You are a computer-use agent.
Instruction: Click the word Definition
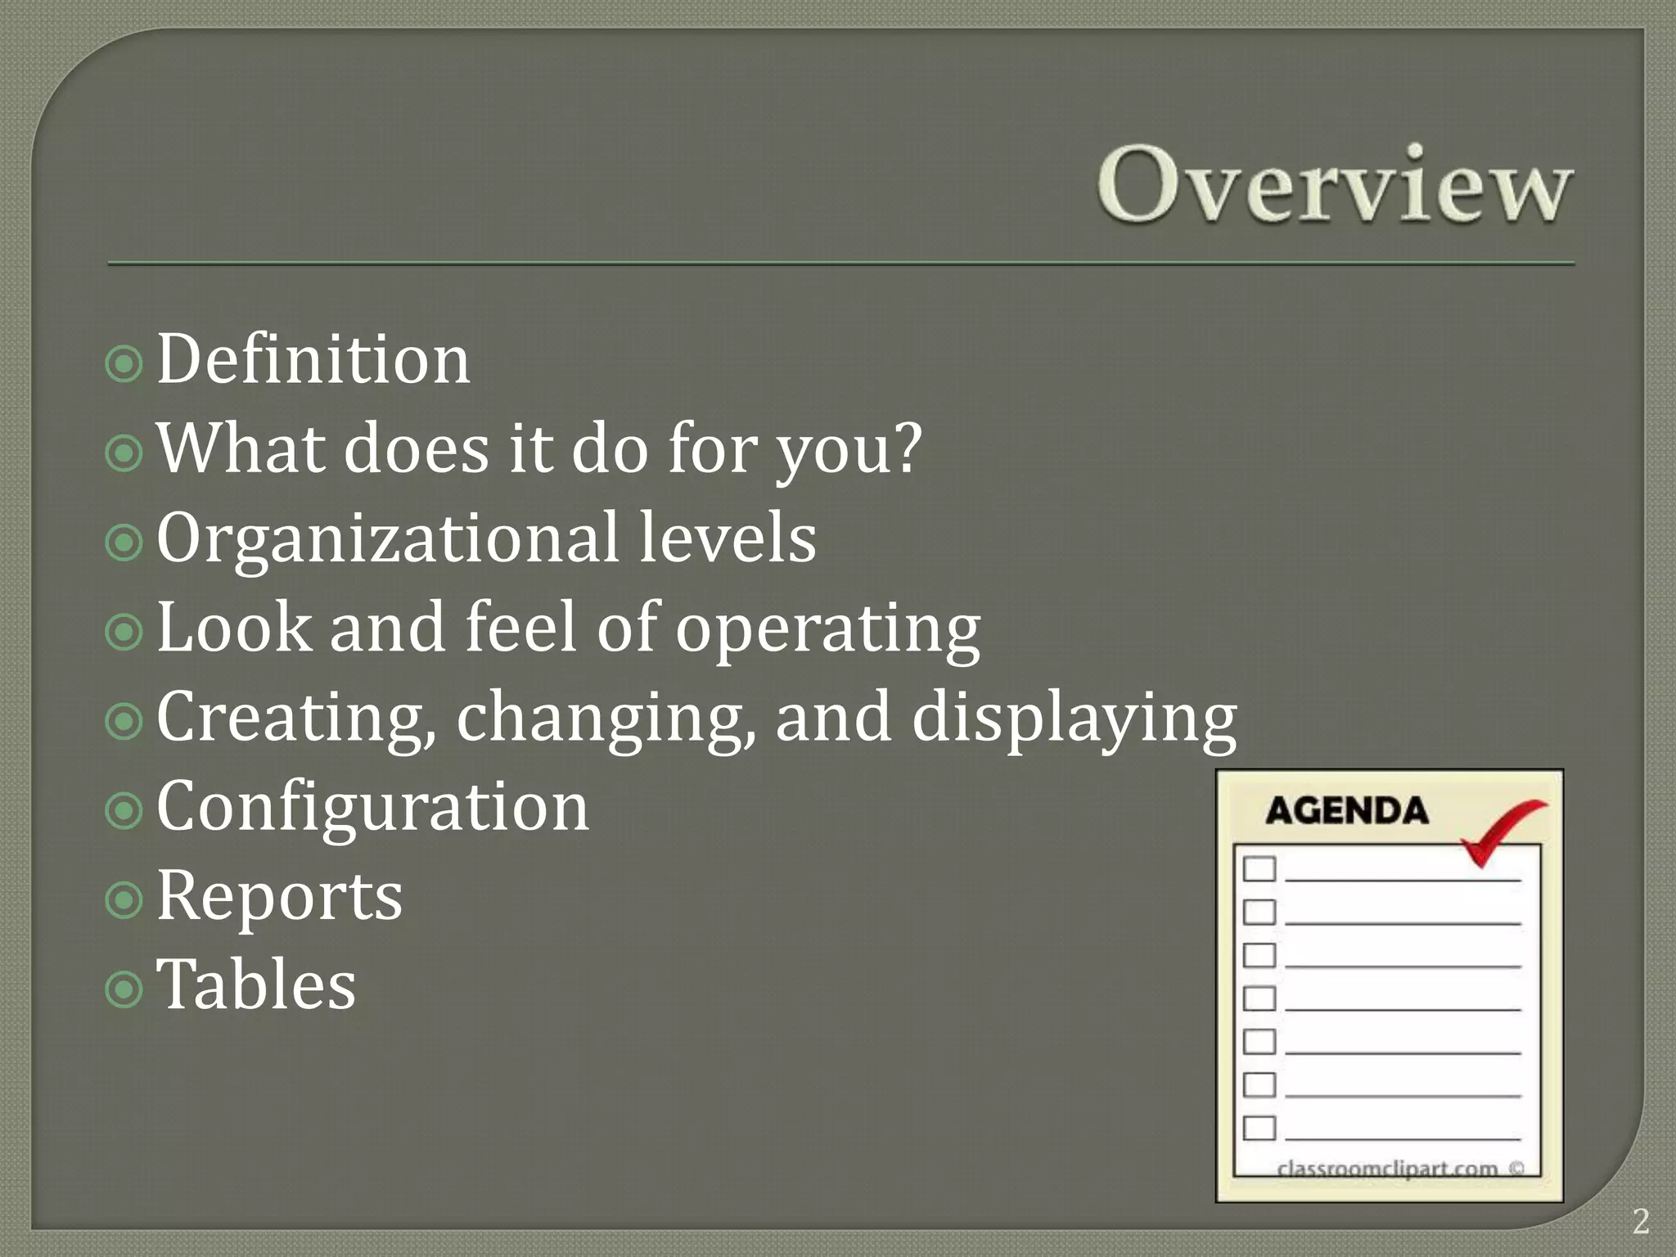[x=313, y=360]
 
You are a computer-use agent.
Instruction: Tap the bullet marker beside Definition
[x=124, y=363]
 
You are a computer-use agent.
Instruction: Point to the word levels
[x=727, y=538]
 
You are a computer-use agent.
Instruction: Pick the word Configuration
[x=372, y=807]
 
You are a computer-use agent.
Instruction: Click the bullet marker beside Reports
[x=124, y=900]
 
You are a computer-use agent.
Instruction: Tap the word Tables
[x=256, y=985]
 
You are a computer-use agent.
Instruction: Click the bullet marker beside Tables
[x=124, y=990]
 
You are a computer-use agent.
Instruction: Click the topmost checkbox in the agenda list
[x=1259, y=868]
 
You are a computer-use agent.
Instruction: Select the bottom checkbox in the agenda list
[x=1259, y=1128]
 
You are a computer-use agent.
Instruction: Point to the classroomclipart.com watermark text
[x=1387, y=1169]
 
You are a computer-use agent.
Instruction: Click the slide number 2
[x=1640, y=1222]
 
